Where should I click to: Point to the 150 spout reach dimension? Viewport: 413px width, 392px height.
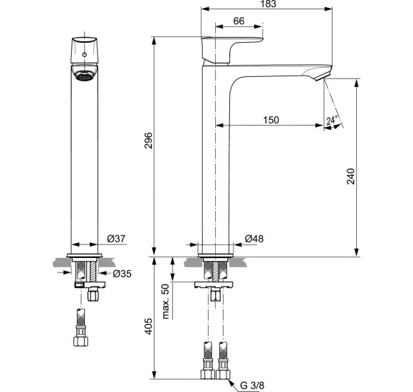point(270,120)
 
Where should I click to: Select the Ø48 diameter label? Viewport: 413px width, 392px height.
point(254,238)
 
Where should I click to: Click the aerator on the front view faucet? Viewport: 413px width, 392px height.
point(85,76)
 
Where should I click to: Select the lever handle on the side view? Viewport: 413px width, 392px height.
point(231,46)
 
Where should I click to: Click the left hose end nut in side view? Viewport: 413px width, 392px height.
point(209,372)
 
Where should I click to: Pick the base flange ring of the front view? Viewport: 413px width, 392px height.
point(85,254)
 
